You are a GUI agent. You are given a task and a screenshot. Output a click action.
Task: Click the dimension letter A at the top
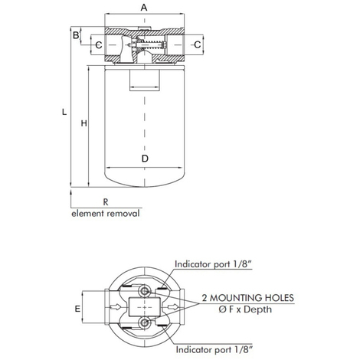(x=144, y=8)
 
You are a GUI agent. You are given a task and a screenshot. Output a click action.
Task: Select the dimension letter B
(x=76, y=35)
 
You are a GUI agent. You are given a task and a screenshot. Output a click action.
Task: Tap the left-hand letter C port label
(x=99, y=45)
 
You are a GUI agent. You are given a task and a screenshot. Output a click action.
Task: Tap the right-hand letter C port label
(x=198, y=44)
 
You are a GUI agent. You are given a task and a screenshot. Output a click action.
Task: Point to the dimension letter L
(x=64, y=112)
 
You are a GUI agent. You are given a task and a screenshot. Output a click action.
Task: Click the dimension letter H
(x=83, y=123)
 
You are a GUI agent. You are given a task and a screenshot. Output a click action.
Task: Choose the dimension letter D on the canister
(x=145, y=159)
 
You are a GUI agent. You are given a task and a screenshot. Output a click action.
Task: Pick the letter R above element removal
(x=106, y=202)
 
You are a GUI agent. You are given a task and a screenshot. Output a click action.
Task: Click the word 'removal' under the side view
(x=123, y=214)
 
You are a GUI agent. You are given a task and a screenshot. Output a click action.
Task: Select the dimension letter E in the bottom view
(x=77, y=309)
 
